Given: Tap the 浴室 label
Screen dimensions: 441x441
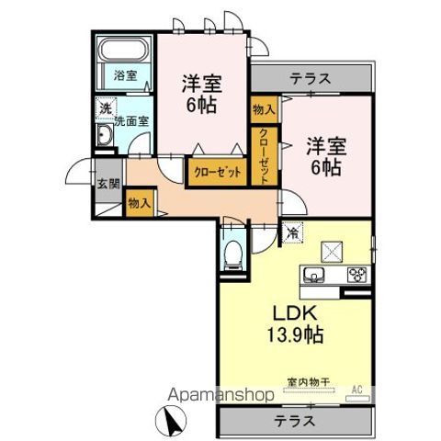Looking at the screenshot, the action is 125,75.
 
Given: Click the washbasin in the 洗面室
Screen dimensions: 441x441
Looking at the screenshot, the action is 105,135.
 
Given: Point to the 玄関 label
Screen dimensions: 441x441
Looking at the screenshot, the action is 108,184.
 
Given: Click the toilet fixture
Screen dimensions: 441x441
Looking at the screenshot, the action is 232,255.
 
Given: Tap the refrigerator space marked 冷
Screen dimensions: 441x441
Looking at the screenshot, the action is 292,232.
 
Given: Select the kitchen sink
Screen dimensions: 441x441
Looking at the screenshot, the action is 313,275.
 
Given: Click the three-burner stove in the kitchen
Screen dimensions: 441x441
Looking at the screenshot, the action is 357,274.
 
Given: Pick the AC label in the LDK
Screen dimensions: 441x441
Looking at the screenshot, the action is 357,390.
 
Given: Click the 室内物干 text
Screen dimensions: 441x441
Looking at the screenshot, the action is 308,382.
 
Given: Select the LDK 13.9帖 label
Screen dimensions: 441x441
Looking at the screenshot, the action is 295,324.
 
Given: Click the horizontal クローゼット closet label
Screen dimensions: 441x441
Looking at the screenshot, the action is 218,173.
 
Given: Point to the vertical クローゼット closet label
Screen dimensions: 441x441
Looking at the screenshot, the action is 265,156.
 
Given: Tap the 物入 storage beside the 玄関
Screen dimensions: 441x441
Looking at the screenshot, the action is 140,203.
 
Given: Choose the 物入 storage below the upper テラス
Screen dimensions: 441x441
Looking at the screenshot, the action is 264,109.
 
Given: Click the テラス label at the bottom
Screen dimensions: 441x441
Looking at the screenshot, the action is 294,421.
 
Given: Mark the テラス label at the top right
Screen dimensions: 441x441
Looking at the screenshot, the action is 311,78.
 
